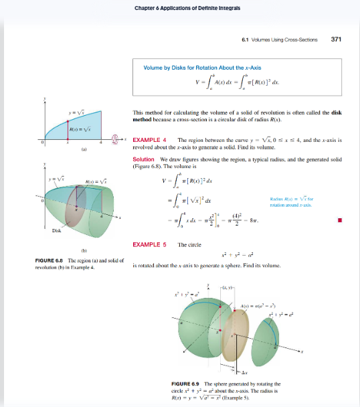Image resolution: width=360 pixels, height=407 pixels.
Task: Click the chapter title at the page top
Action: click(x=180, y=7)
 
